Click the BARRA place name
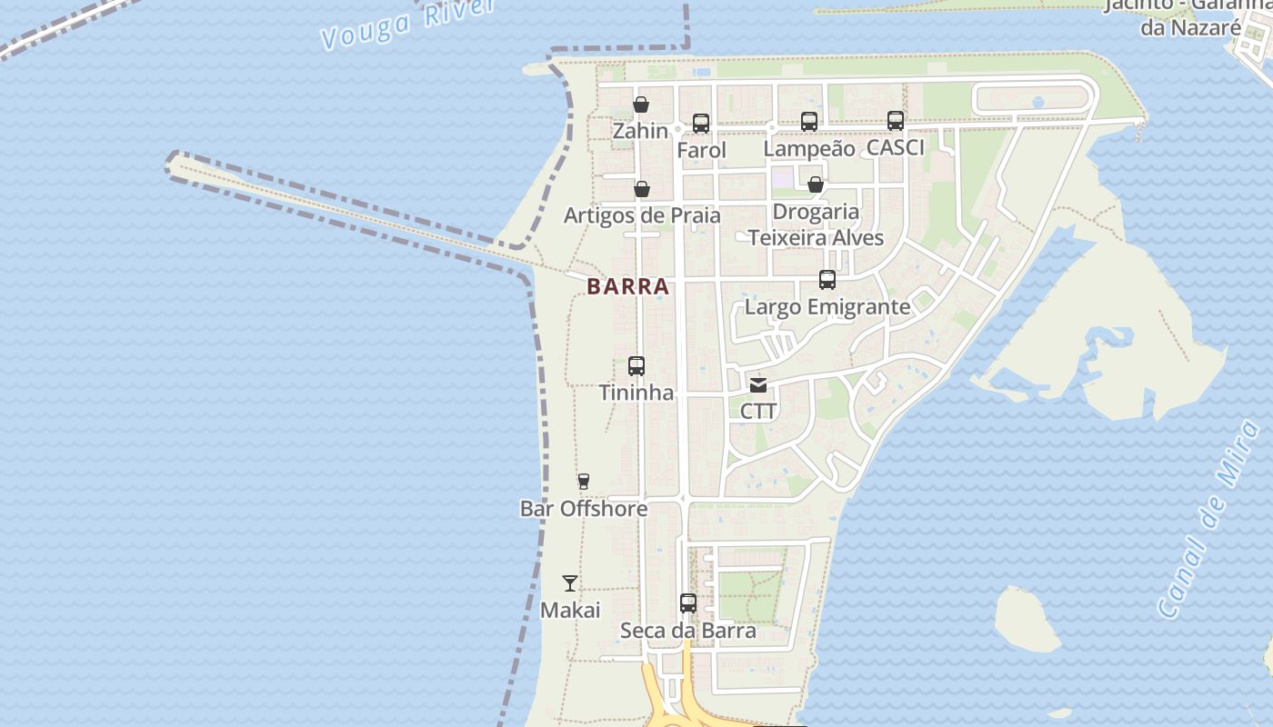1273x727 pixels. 628,286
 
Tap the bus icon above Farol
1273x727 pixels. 700,124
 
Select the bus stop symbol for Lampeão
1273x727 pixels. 809,121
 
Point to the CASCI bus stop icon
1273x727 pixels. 896,120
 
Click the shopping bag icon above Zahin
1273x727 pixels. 641,105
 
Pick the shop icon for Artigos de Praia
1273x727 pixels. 642,189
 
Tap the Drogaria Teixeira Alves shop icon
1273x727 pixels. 816,184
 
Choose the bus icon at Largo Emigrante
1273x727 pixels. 827,280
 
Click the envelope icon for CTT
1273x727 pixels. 758,384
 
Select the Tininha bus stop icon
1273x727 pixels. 636,366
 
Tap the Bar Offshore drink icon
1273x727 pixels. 584,482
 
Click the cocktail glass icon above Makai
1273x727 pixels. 570,583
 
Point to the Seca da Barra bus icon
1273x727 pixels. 688,603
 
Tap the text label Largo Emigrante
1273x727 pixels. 827,307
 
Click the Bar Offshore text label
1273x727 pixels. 584,509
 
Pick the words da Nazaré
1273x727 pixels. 1190,27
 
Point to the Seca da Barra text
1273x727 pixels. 688,631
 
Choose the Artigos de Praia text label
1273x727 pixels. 642,216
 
